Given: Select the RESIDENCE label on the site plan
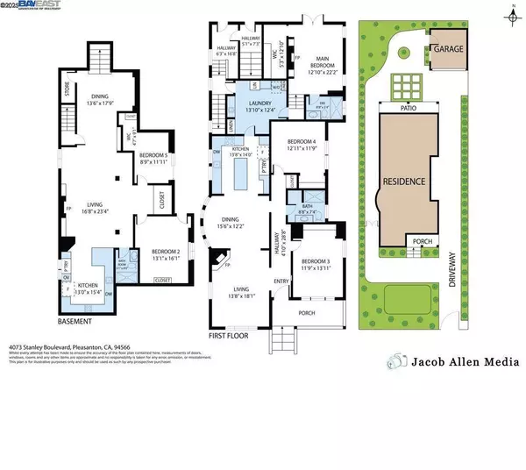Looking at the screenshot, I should tap(404, 182).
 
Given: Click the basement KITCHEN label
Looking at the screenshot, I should tap(87, 286).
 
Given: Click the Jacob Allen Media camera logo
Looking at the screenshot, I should tap(398, 361).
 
